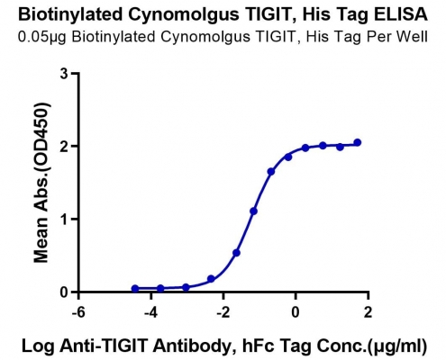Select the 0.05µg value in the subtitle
pyautogui.click(x=43, y=37)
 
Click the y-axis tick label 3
pyautogui.click(x=64, y=74)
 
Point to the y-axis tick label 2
pyautogui.click(x=64, y=147)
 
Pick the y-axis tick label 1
pyautogui.click(x=64, y=220)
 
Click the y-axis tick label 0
pyautogui.click(x=64, y=292)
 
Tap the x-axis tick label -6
pyautogui.click(x=78, y=312)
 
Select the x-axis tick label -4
pyautogui.click(x=150, y=312)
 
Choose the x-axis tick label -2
pyautogui.click(x=223, y=312)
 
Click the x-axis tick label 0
pyautogui.click(x=296, y=312)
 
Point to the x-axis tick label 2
pyautogui.click(x=368, y=312)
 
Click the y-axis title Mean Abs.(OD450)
pyautogui.click(x=41, y=183)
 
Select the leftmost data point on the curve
pyautogui.click(x=135, y=289)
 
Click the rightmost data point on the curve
pyautogui.click(x=358, y=142)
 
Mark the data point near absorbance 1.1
pyautogui.click(x=253, y=211)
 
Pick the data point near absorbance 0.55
pyautogui.click(x=236, y=253)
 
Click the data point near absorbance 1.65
pyautogui.click(x=271, y=172)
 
